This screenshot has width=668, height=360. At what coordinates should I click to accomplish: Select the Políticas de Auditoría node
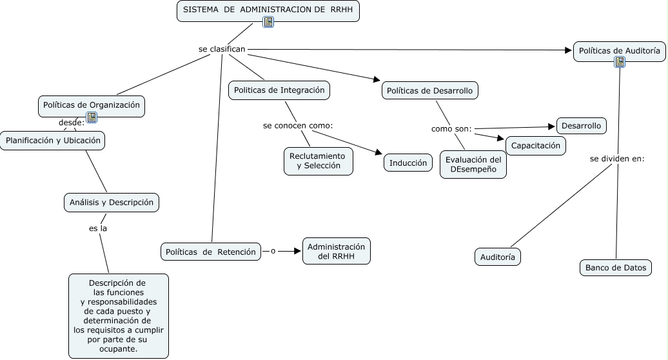tap(619, 50)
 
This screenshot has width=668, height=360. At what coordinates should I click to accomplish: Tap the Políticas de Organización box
tap(90, 105)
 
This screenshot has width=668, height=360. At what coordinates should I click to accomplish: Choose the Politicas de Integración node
tap(279, 90)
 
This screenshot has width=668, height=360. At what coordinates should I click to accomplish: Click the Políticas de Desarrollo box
tap(429, 91)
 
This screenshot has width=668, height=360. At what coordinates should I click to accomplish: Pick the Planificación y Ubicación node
tap(53, 141)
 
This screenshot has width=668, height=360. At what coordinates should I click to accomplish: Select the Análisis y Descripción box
tap(112, 202)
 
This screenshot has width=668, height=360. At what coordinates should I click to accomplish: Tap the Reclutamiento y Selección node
tap(317, 161)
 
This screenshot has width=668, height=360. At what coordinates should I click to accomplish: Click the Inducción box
tap(408, 163)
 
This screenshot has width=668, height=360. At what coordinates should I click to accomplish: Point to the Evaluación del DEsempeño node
tap(473, 165)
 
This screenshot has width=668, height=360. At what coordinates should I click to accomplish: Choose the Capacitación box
tap(535, 146)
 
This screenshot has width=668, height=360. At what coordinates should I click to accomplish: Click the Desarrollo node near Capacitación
tap(581, 126)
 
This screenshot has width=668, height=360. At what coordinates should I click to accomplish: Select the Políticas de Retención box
tap(210, 252)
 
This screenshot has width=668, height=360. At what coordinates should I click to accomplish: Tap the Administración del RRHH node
tap(336, 252)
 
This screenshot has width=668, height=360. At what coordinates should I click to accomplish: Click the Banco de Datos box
tap(615, 267)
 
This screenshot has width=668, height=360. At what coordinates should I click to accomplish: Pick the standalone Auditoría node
tap(498, 257)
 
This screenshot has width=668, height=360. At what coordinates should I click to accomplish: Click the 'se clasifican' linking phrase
tap(222, 49)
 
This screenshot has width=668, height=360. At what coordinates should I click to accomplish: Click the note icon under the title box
tap(268, 22)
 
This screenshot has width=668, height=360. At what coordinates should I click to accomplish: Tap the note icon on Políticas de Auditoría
tap(620, 62)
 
